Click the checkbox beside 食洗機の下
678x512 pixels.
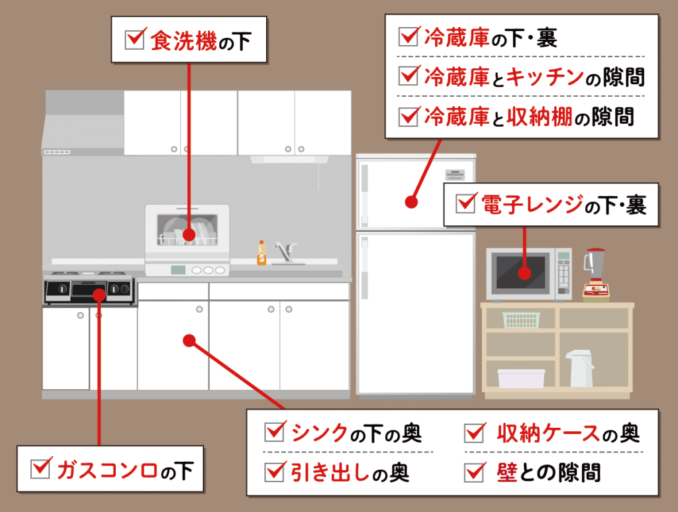tap(134, 40)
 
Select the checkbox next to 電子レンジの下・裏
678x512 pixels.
tap(466, 203)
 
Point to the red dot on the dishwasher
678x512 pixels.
tap(189, 234)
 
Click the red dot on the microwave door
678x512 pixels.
tap(524, 273)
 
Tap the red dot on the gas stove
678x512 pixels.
tap(99, 293)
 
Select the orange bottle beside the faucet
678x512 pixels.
tap(262, 254)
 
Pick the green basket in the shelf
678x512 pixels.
tap(521, 320)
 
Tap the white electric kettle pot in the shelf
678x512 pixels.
tap(579, 368)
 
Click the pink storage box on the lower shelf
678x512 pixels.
tap(521, 378)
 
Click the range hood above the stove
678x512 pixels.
tap(83, 126)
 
